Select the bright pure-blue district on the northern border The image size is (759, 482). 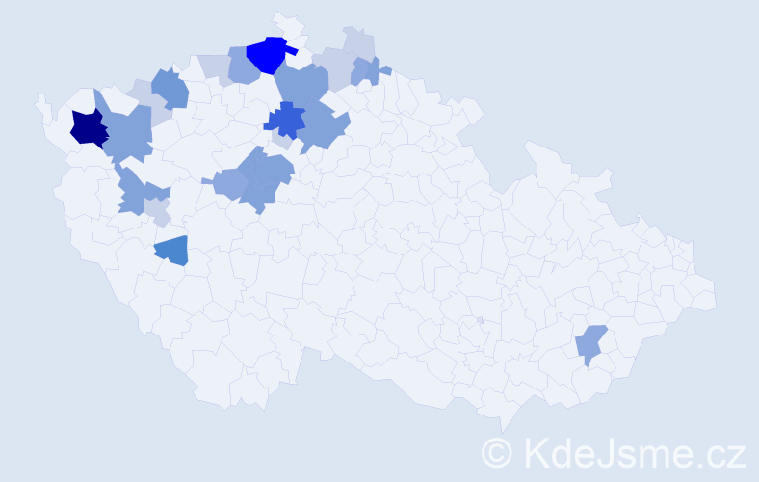[268, 54]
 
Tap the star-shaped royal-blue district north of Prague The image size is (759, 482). [285, 120]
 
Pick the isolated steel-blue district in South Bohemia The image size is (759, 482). [172, 251]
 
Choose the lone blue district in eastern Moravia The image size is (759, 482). [590, 343]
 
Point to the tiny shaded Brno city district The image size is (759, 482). [480, 320]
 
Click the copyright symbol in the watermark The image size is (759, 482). [496, 451]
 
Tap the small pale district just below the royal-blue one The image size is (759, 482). [280, 141]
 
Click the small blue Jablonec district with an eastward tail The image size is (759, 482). [367, 70]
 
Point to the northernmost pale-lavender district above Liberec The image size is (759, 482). [358, 44]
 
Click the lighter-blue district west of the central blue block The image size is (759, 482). [229, 182]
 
